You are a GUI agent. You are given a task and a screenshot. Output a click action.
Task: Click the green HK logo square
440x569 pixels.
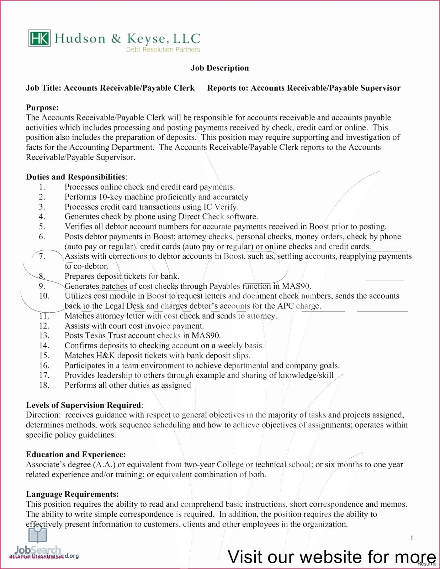[39, 38]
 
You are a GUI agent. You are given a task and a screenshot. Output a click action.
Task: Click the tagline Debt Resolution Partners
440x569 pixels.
[163, 50]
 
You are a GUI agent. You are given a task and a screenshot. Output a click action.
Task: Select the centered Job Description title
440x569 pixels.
[219, 68]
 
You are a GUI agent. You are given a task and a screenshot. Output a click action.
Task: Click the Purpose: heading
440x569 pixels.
[42, 108]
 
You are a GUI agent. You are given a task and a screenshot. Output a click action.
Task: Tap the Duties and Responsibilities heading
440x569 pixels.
[76, 177]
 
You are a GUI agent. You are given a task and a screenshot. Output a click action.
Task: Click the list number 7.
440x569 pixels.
[42, 256]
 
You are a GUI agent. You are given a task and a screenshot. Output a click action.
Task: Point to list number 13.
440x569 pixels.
[44, 335]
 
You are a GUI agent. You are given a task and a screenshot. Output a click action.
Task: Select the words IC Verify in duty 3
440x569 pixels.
[220, 207]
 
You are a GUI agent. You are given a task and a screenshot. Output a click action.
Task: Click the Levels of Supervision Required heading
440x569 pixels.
[84, 405]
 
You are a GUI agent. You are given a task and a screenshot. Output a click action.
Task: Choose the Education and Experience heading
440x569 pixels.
[76, 454]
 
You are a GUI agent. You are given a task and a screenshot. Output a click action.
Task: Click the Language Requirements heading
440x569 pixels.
[72, 494]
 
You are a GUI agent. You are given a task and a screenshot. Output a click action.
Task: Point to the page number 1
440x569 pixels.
[412, 538]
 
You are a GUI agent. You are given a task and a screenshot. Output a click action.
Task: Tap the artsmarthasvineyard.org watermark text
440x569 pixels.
[44, 556]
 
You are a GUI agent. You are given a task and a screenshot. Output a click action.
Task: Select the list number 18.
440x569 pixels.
[44, 385]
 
